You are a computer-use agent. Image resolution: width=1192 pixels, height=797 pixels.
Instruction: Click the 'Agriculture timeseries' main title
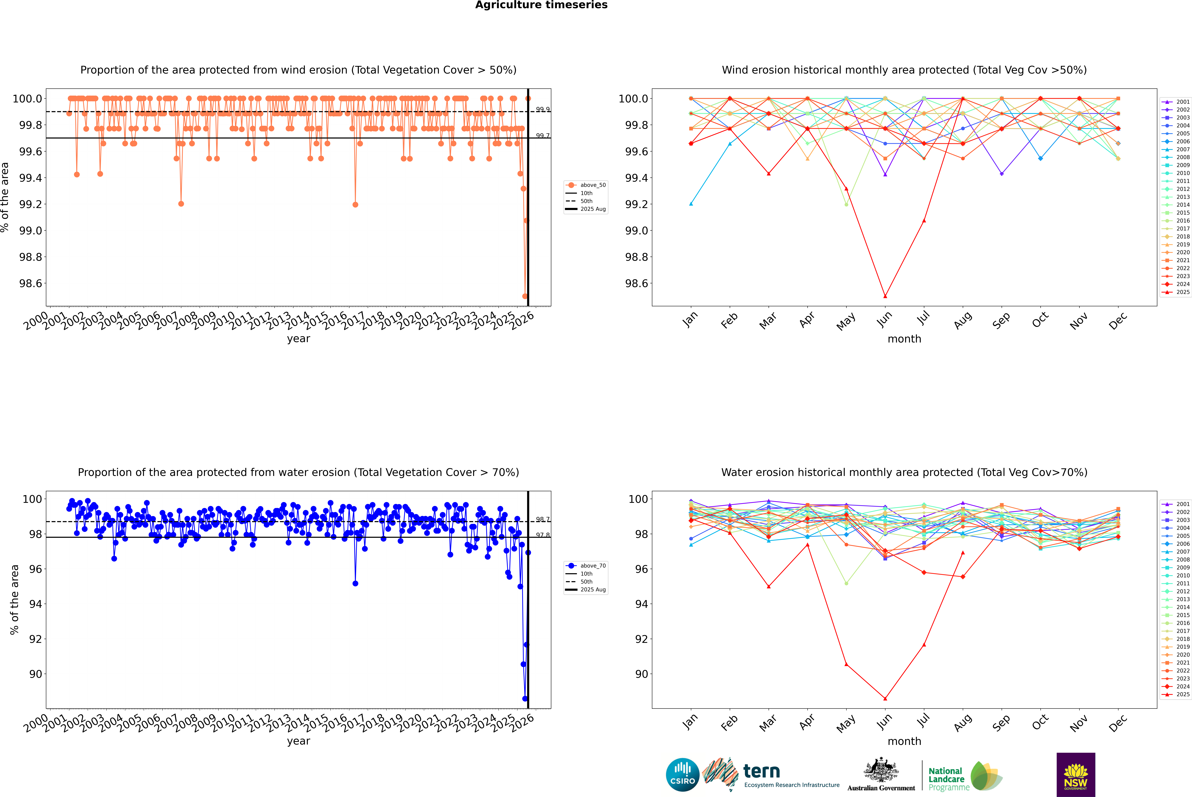(x=541, y=5)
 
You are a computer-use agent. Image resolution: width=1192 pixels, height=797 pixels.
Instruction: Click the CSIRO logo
(x=682, y=775)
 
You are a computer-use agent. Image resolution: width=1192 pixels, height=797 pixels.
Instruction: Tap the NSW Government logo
(x=1076, y=775)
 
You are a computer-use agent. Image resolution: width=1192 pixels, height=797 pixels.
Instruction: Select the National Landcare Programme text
(x=946, y=779)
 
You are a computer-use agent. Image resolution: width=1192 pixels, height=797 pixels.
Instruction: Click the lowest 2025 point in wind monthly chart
(x=885, y=296)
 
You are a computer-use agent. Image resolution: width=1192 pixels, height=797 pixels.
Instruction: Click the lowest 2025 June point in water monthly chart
(x=885, y=698)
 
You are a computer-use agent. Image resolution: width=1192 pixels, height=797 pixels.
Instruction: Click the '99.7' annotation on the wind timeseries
(x=543, y=136)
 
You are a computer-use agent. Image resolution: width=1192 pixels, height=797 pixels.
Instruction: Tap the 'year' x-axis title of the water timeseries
(x=298, y=741)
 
